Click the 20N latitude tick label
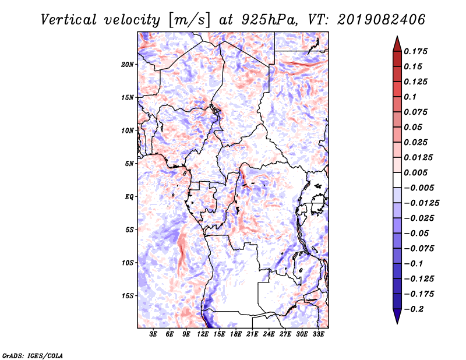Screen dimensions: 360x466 click(128, 64)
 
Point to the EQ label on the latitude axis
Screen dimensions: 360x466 click(129, 196)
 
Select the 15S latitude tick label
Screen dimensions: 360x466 click(128, 295)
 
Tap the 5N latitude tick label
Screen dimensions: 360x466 click(129, 163)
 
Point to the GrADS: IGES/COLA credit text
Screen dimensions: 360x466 click(32, 355)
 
